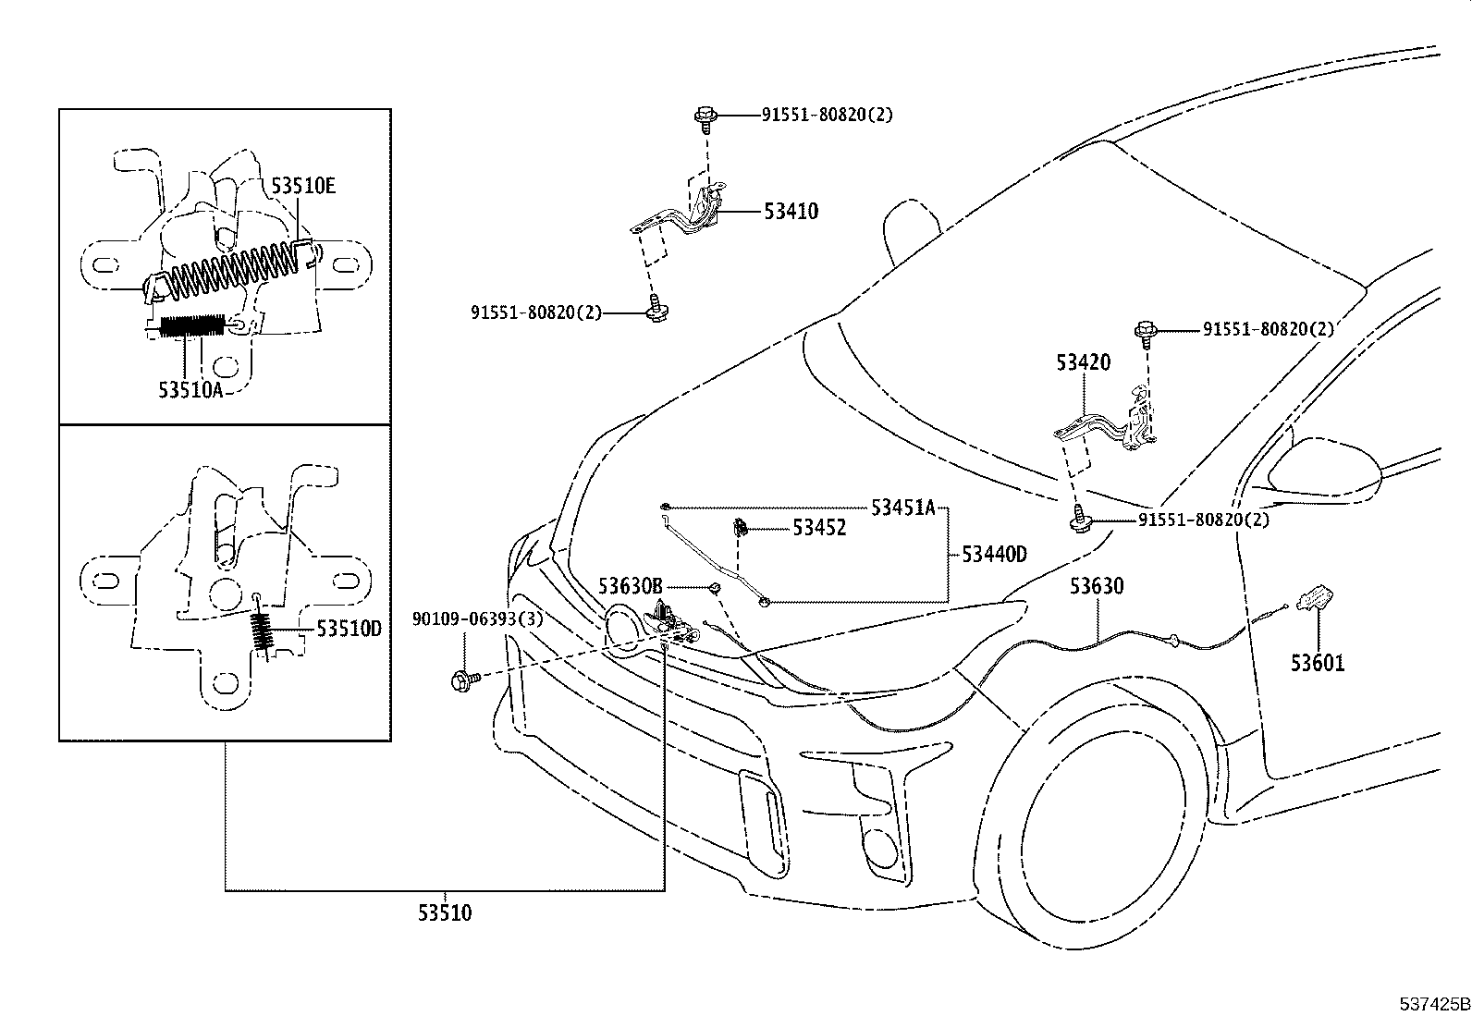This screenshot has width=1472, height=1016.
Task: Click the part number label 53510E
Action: point(303,186)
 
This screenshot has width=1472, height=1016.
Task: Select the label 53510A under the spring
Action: point(190,390)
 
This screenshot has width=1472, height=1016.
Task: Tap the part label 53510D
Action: point(349,629)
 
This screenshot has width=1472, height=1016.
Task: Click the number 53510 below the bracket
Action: point(445,913)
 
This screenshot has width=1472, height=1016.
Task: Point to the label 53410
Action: point(791,212)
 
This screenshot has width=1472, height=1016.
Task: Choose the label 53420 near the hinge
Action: point(1084,362)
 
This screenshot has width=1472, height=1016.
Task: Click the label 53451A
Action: point(903,507)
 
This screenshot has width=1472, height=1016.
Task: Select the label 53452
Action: point(819,528)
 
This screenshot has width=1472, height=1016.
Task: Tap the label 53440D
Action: point(994,555)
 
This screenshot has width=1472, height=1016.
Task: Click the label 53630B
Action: point(630,586)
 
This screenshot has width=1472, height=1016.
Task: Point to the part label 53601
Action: point(1318,663)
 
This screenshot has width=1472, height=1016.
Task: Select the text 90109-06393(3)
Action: point(477,619)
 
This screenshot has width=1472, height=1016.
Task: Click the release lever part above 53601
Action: point(1317,598)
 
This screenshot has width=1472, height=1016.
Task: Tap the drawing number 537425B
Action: point(1433,1003)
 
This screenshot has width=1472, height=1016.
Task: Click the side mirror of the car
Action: point(1324,469)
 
